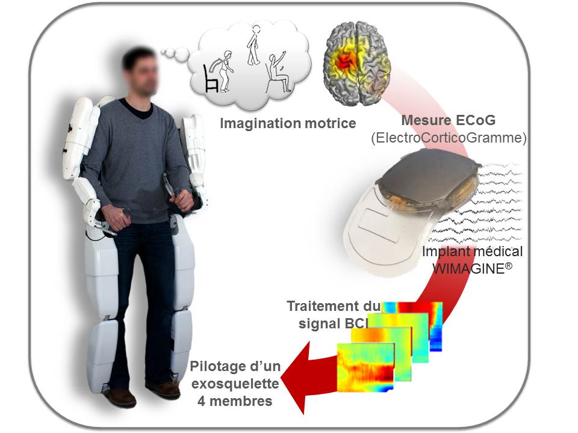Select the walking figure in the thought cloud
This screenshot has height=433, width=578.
pos(254,46)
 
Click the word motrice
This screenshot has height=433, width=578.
pos(331,124)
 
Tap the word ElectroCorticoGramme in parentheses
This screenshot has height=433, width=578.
pos(449,138)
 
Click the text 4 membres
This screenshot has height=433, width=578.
pos(234,400)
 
